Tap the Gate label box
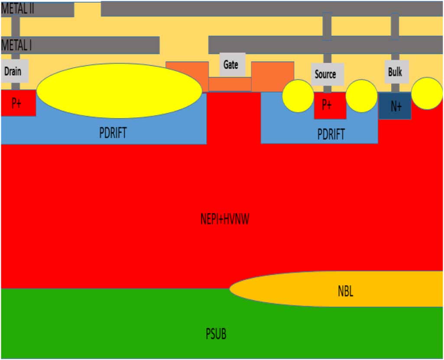232,65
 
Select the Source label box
327,74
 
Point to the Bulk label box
396,72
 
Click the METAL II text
17,9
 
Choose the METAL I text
16,45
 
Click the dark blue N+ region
395,106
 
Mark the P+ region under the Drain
18,103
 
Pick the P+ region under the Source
330,105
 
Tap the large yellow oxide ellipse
119,91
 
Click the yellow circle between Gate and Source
298,96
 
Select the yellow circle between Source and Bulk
362,96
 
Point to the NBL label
346,291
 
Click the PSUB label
216,334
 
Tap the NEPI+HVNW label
225,219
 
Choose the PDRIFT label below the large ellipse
113,133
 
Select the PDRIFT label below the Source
331,134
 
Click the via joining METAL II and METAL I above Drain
16,26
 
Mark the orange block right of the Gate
272,77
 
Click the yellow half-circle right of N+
427,94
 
